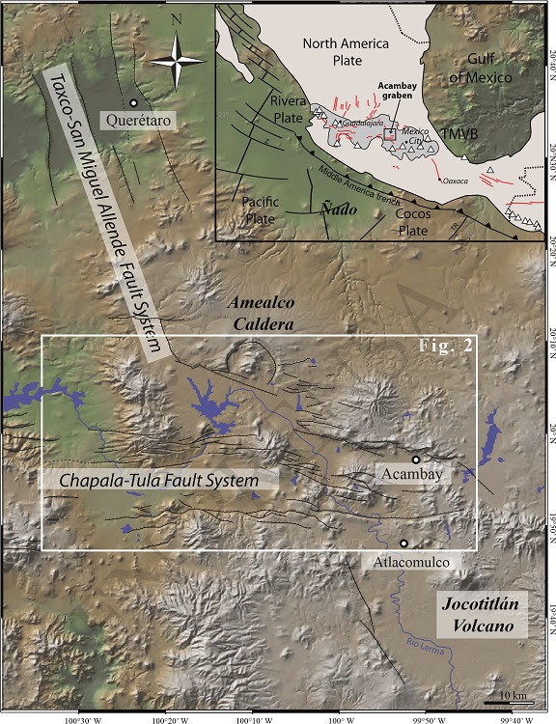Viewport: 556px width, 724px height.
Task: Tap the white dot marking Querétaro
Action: coord(133,102)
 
